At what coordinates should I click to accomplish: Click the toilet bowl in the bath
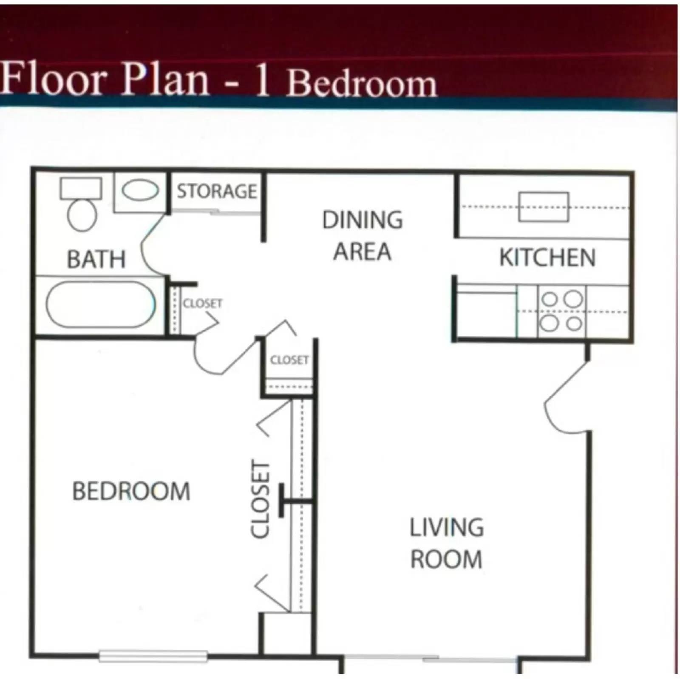pos(82,215)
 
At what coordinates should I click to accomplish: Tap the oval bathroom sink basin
pos(140,190)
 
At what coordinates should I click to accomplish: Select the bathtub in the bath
pos(101,304)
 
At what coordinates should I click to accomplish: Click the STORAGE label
pos(217,191)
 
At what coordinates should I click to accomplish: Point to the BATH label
pos(96,259)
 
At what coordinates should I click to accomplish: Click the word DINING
pos(362,220)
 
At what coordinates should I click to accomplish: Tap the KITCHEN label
pos(547,257)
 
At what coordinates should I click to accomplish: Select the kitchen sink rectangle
pos(543,207)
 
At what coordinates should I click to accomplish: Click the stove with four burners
pos(561,311)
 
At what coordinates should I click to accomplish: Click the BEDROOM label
pos(131,491)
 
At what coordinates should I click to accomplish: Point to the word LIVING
pos(446,527)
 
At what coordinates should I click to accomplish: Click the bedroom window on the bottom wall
pos(153,656)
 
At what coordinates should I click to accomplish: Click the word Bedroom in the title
pos(362,83)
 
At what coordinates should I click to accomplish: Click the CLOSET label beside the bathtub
pos(202,303)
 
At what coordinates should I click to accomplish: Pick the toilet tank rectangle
pos(81,188)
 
